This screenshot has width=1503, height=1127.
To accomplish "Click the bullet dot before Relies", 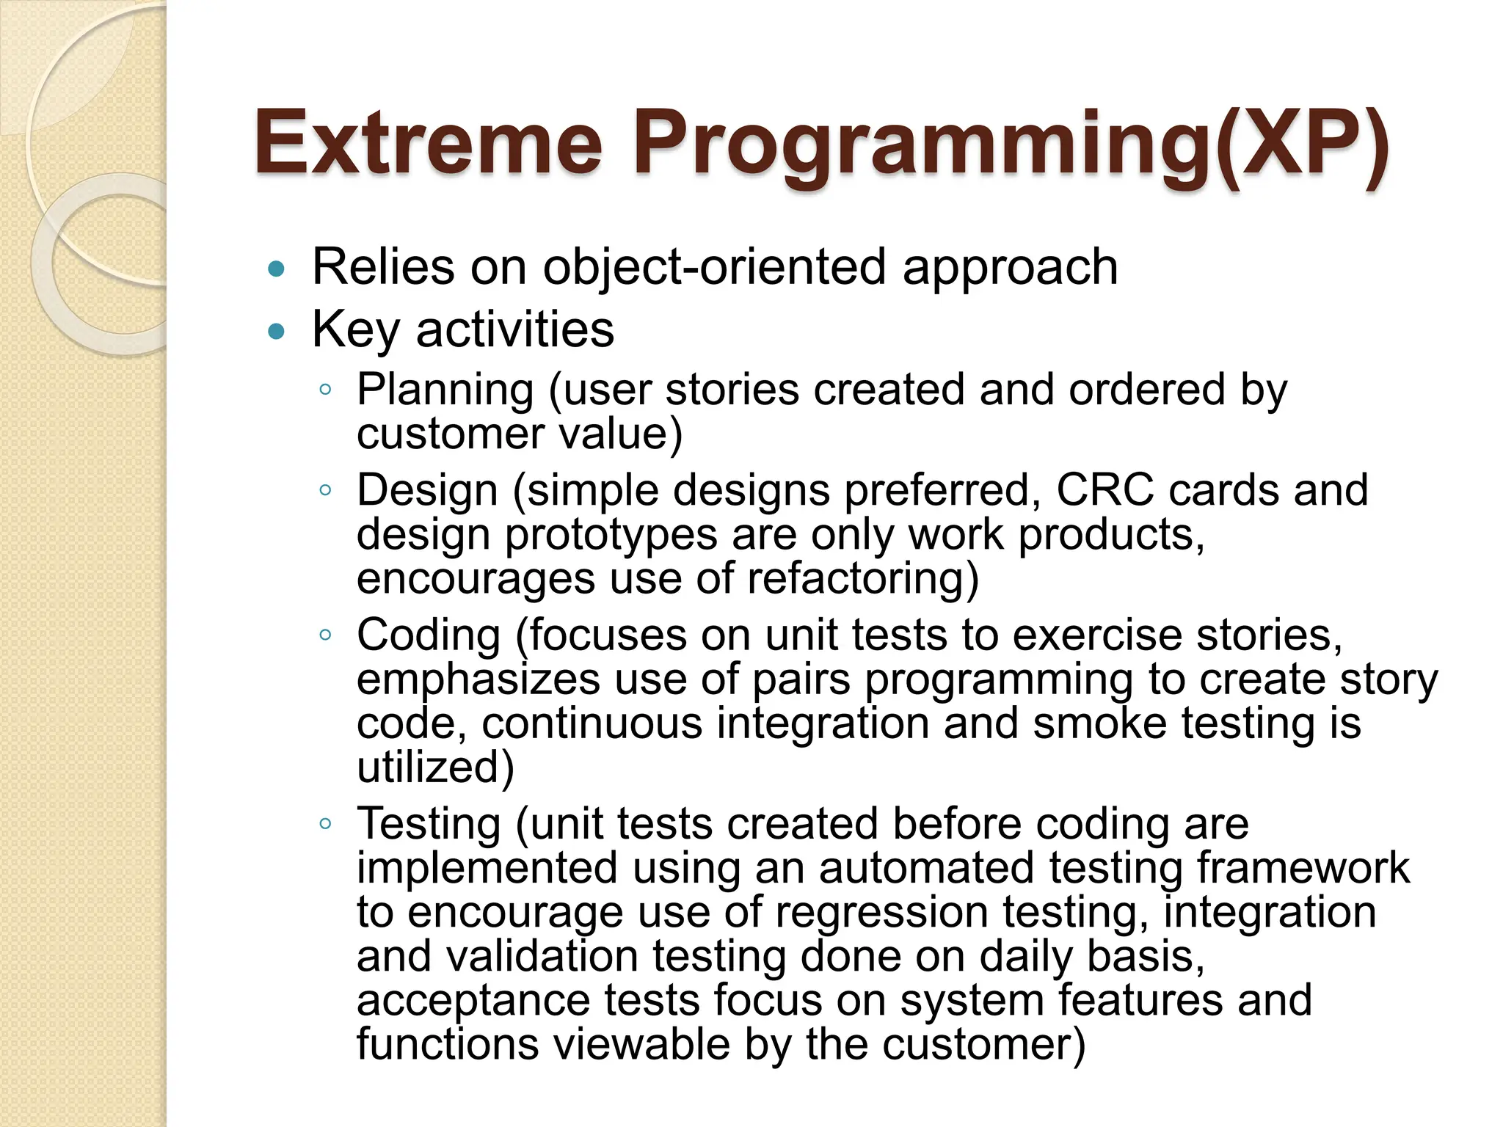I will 277,269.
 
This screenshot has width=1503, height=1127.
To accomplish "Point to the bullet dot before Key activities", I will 277,332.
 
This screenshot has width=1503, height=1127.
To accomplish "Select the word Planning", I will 445,390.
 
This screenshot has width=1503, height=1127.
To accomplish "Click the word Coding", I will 429,635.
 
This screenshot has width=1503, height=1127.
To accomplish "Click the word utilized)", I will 435,767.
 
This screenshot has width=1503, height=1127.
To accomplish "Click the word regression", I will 881,912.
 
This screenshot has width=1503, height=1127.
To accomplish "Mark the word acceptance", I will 473,1002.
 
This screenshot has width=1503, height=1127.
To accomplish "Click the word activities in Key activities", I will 514,330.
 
